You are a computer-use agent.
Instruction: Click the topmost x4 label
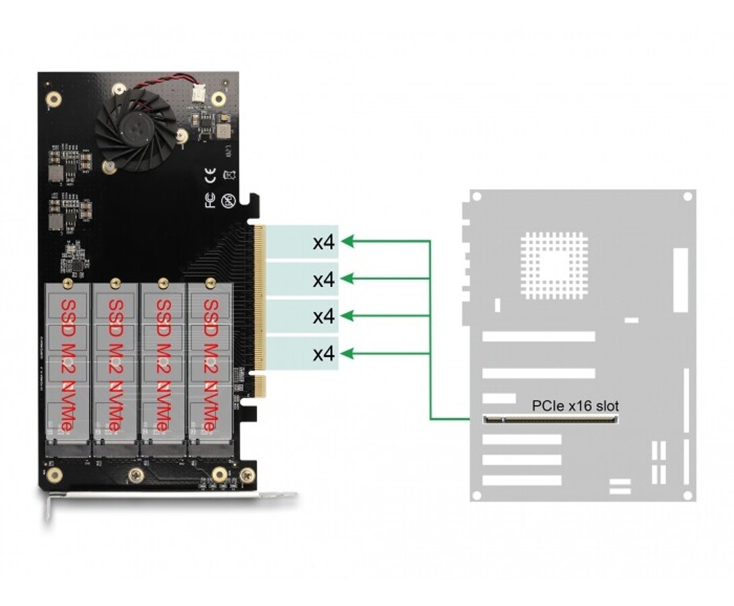324,242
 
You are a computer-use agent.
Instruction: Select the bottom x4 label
324,353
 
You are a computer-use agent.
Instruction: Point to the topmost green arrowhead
347,241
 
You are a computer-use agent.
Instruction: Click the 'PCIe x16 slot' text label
574,406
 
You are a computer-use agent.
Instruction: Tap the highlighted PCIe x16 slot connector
550,419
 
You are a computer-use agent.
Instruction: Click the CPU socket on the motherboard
554,265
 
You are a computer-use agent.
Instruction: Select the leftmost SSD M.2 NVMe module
67,367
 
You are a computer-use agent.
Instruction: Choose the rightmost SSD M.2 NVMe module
210,367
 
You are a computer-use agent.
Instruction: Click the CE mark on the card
210,177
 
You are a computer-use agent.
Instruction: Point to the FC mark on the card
210,200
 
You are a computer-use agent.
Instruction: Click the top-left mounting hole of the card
54,100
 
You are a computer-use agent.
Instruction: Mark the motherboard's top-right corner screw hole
688,197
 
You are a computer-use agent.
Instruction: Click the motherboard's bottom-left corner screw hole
477,495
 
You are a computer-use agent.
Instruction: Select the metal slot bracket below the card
168,497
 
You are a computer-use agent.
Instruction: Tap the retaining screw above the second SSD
115,282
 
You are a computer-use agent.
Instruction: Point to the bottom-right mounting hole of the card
247,475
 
